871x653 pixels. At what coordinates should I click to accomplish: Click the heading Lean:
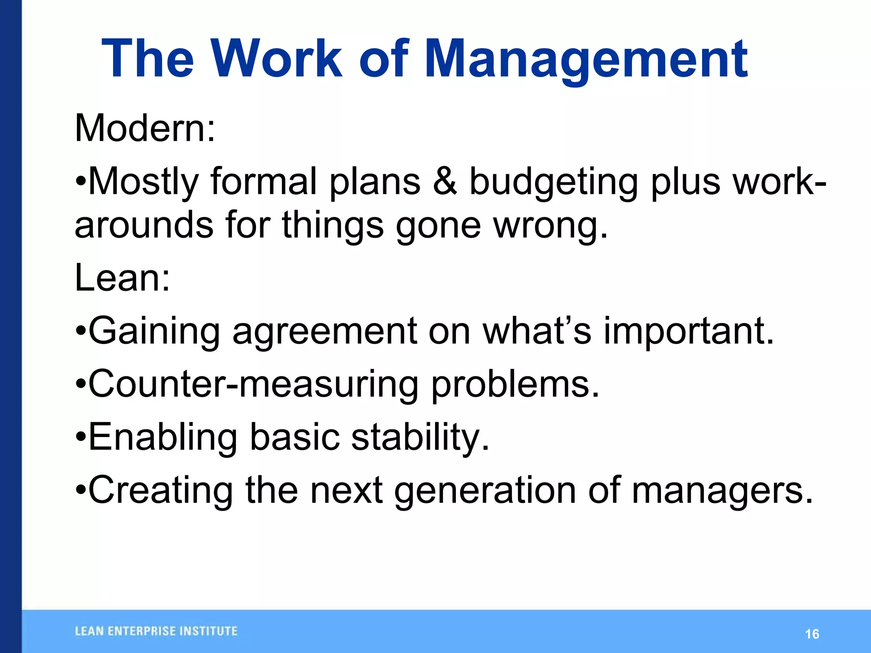tap(122, 278)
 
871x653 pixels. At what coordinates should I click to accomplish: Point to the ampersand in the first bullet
tap(445, 182)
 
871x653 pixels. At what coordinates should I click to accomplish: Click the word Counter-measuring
tap(253, 384)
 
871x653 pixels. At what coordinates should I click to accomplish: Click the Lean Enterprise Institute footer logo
tap(156, 631)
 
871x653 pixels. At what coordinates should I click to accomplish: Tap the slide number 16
tap(812, 634)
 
